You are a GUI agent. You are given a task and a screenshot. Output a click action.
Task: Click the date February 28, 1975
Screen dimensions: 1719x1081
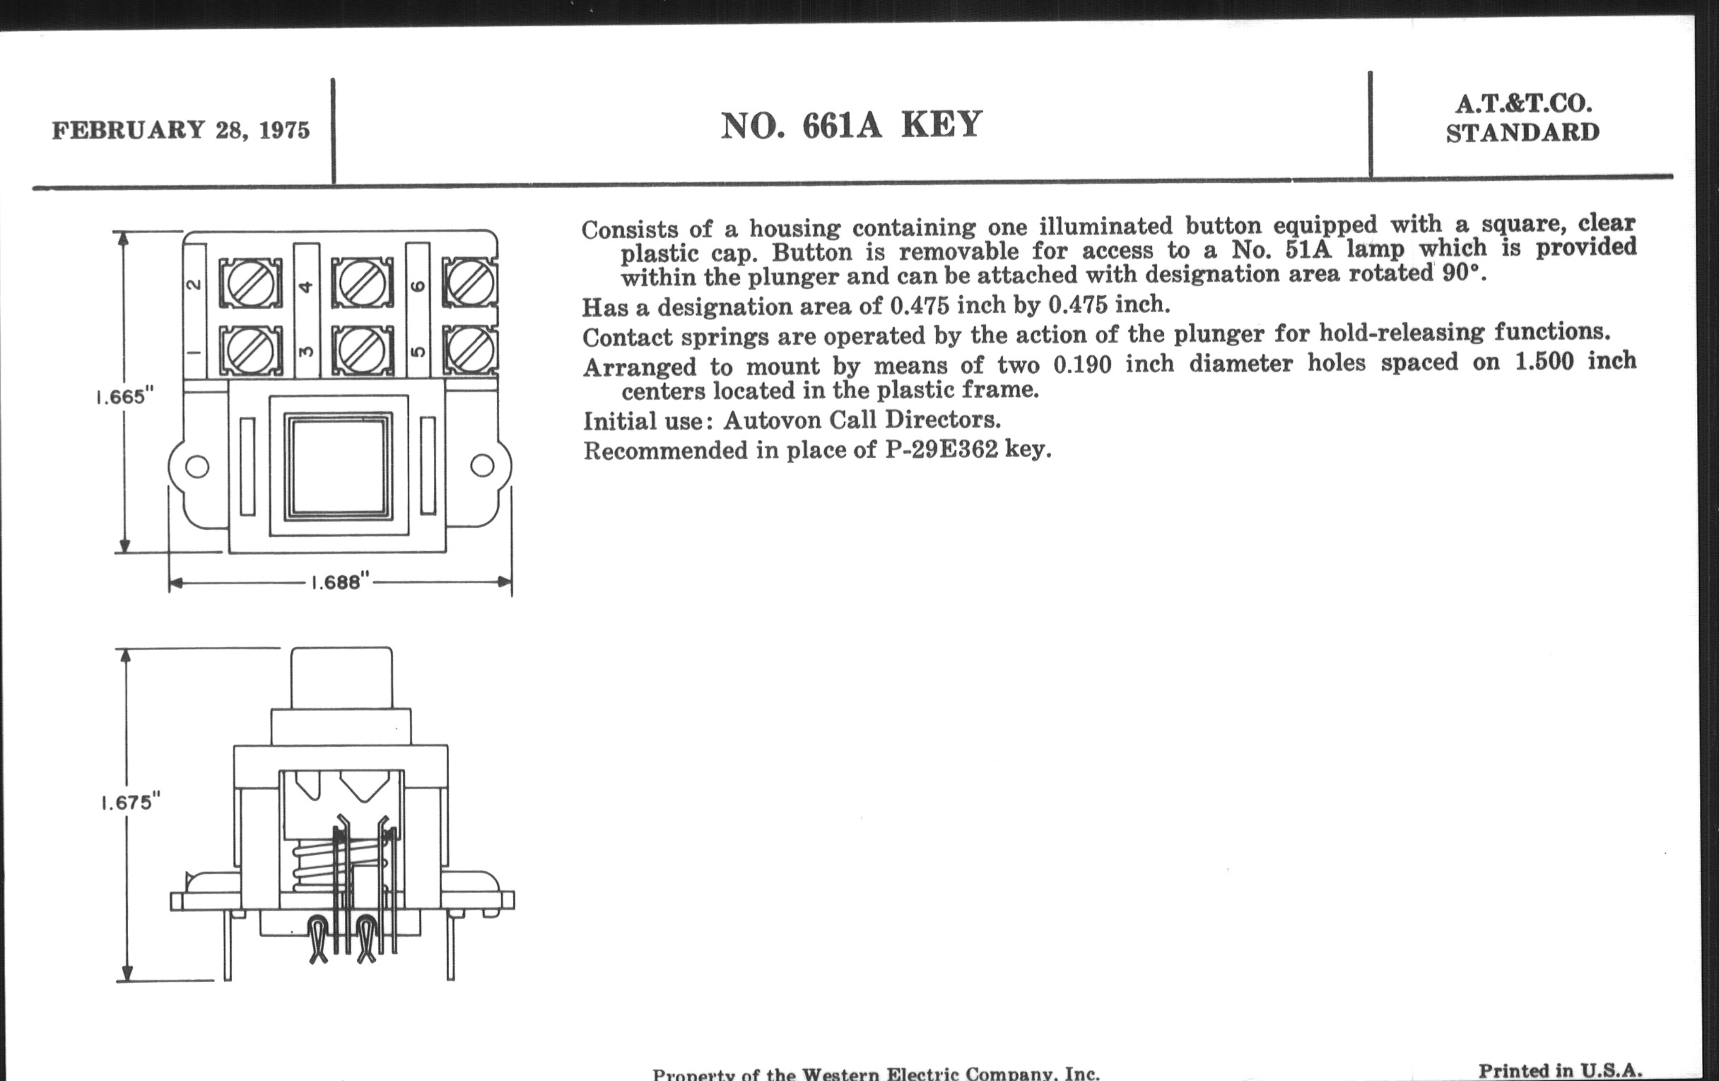[181, 131]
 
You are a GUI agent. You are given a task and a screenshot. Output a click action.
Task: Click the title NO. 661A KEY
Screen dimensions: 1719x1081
[852, 126]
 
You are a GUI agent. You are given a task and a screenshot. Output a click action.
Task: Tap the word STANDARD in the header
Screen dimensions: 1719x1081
[1523, 133]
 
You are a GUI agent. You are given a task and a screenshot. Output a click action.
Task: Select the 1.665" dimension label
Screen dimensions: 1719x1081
[126, 397]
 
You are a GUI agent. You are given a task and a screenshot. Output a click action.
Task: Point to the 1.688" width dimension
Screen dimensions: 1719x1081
[341, 582]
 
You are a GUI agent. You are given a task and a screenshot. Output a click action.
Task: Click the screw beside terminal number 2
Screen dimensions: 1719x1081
[250, 283]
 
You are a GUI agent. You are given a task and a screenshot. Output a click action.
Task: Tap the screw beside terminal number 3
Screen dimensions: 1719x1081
[363, 350]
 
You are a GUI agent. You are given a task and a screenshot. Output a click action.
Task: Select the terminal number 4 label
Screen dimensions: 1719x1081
[306, 287]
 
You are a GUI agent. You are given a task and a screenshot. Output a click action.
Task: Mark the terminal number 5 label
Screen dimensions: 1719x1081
[419, 351]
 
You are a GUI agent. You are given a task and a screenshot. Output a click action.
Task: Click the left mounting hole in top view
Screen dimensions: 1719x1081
[197, 466]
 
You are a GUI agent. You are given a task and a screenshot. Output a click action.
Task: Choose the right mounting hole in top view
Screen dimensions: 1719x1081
[483, 465]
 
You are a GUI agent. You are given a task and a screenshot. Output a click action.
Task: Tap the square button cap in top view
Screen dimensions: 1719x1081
[339, 465]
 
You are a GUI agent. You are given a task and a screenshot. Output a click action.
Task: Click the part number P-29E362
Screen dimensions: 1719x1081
[941, 450]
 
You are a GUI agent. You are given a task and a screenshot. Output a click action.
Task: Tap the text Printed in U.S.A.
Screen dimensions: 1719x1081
[1561, 1070]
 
